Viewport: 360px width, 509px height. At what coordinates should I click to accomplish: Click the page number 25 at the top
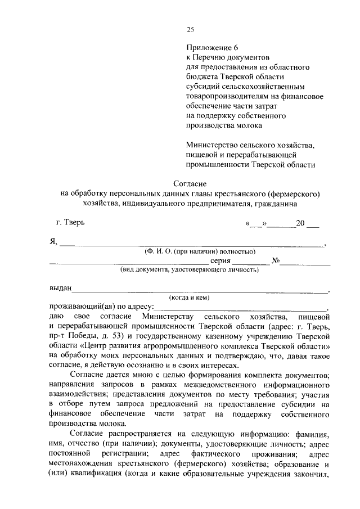point(190,30)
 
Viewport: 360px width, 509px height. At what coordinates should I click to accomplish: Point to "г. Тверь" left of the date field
point(70,223)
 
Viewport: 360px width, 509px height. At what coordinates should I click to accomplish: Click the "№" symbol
point(276,261)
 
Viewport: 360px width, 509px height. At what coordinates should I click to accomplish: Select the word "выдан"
point(60,289)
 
